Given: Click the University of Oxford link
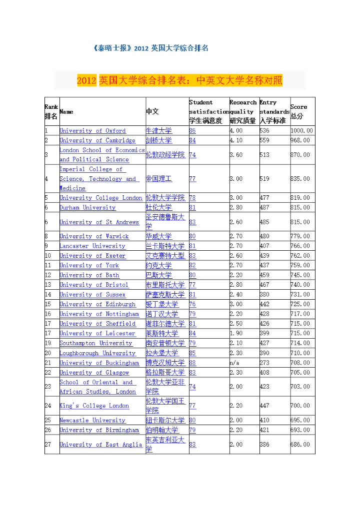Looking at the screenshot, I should click(92, 131).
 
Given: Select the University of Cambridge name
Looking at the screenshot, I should click(97, 140).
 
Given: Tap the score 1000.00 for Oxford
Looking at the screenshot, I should click(301, 131).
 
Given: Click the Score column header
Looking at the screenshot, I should click(298, 111).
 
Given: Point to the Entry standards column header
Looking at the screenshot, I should click(274, 111).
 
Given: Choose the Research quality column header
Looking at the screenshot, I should click(243, 111).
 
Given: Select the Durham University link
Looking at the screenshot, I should click(87, 207).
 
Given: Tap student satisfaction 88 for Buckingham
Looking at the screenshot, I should click(192, 363).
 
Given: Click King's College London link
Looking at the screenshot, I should click(94, 406).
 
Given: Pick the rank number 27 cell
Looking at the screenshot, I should click(48, 444).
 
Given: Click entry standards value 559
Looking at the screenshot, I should click(264, 140).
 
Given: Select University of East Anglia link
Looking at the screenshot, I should click(100, 444).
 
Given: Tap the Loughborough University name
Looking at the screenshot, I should click(97, 353).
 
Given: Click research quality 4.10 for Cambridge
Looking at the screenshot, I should click(236, 140).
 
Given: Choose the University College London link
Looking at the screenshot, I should click(100, 198).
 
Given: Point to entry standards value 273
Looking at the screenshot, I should click(264, 363).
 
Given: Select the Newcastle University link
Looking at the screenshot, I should click(92, 420).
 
